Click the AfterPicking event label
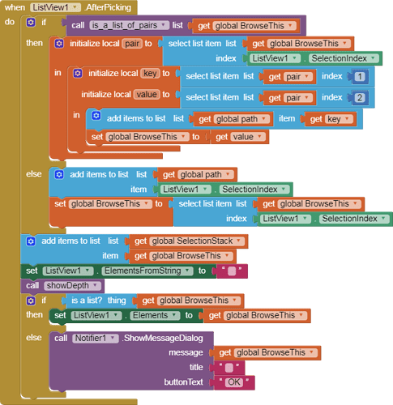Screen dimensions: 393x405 (108, 7)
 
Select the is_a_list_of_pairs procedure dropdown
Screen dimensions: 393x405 (129, 25)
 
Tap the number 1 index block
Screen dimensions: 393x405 (359, 77)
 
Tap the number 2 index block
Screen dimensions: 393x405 (359, 98)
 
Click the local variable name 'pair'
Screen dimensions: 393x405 (132, 44)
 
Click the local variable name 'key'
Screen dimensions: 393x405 (150, 73)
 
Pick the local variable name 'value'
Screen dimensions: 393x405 (147, 94)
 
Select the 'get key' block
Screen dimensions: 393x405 (329, 119)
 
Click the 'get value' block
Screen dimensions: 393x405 (240, 137)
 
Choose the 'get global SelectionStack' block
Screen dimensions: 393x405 (189, 241)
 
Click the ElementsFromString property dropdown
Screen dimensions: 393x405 (147, 271)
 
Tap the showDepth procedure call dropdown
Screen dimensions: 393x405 (72, 286)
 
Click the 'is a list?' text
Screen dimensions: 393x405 (87, 301)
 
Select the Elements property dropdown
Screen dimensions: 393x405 (155, 315)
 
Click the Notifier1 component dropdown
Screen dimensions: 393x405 (96, 338)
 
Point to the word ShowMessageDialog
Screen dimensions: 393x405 (164, 339)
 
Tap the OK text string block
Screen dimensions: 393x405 (234, 382)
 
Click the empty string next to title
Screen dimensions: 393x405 (229, 368)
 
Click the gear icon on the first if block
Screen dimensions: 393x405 (31, 22)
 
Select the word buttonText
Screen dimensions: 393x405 (184, 382)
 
